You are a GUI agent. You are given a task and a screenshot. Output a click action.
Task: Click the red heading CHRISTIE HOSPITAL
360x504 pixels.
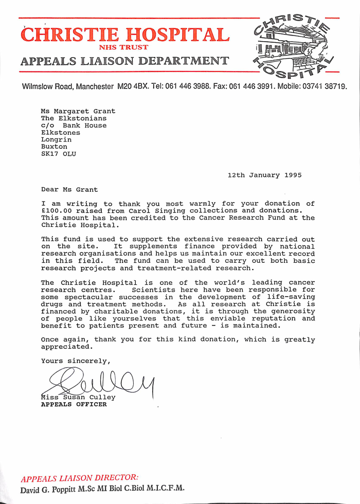[125, 34]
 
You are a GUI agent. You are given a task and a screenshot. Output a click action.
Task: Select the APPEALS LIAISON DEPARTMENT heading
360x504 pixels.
[125, 61]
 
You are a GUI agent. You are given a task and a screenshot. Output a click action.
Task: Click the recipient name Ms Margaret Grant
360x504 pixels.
[78, 111]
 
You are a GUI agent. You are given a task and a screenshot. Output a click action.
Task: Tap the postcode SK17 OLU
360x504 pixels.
[59, 154]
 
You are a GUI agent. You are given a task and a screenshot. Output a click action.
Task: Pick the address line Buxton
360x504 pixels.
[54, 147]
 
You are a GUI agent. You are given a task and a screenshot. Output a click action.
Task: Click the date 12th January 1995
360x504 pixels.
[264, 175]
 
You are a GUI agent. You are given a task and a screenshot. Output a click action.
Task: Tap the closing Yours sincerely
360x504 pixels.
[76, 361]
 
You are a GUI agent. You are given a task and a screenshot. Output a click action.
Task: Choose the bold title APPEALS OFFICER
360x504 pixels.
[74, 404]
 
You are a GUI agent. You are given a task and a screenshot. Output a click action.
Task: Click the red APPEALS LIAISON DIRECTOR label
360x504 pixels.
[79, 477]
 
